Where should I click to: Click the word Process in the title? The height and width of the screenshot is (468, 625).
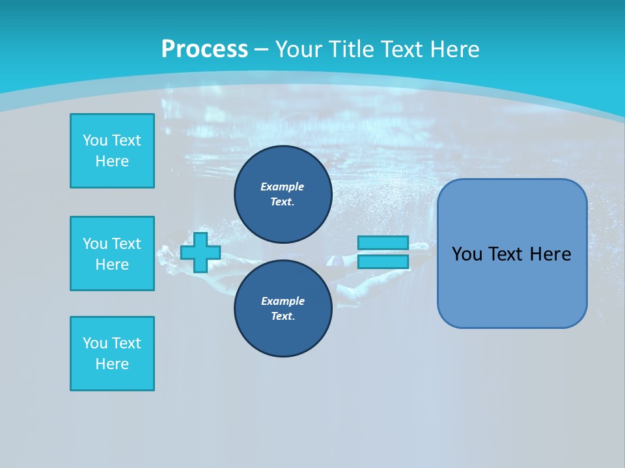[204, 49]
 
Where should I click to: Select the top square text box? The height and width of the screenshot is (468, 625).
[112, 151]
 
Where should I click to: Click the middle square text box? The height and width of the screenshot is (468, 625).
[112, 253]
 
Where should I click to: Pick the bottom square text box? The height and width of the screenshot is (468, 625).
[112, 354]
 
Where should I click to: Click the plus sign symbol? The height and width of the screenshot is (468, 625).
[201, 252]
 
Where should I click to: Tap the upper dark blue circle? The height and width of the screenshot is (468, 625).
[283, 194]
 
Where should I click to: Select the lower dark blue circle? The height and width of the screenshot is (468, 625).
[283, 308]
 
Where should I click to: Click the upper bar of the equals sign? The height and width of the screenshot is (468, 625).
[383, 242]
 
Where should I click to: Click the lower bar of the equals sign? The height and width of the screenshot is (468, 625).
[383, 261]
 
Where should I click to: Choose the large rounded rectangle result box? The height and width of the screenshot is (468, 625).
[512, 253]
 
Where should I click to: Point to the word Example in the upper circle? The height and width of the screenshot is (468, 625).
[282, 187]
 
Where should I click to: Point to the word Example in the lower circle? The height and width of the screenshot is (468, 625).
[282, 301]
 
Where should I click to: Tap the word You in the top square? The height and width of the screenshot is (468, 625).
[94, 140]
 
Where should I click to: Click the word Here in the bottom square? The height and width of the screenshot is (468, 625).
[112, 364]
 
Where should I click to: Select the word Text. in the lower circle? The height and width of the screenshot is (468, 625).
[283, 317]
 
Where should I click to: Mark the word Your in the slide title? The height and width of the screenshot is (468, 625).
[300, 49]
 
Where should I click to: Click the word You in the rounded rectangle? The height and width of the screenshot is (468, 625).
[467, 254]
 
